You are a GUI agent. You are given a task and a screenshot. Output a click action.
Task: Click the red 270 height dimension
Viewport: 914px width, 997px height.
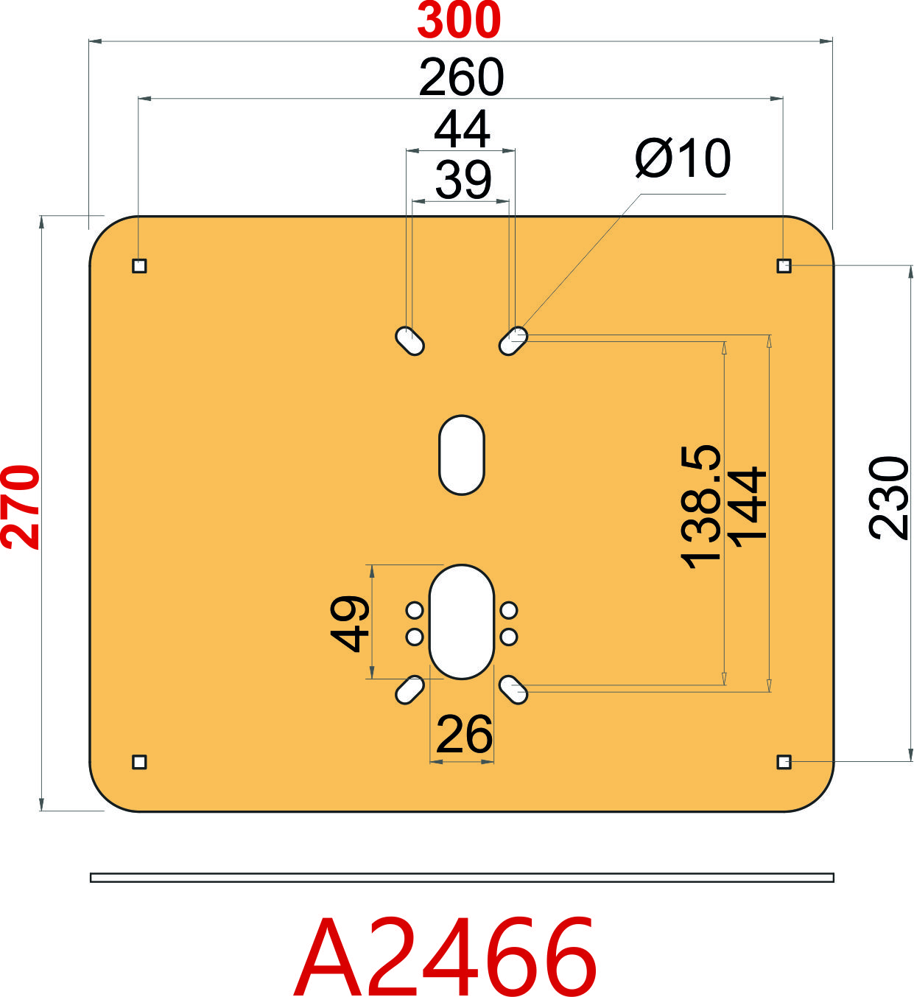coord(21,507)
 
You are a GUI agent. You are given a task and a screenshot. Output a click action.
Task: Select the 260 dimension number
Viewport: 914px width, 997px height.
coord(461,77)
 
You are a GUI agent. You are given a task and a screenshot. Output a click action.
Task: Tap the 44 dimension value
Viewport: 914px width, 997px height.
coord(461,130)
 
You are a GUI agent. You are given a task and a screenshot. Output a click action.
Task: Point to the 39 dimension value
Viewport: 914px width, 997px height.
coord(463,179)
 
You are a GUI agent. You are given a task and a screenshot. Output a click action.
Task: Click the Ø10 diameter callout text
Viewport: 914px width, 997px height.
coord(682,158)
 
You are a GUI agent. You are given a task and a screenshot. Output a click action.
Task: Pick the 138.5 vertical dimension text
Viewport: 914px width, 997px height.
coord(700,507)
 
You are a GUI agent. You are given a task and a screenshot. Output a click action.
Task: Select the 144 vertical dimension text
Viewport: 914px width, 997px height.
coord(748,507)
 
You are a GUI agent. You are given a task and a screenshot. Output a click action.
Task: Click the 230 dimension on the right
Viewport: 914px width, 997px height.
coord(889,498)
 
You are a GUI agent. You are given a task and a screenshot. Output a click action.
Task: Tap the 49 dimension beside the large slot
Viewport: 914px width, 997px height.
coord(350,623)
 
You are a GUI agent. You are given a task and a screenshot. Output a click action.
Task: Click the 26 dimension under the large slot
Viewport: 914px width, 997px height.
coord(463,735)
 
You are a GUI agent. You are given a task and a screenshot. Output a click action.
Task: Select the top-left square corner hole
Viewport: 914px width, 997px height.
coord(139,265)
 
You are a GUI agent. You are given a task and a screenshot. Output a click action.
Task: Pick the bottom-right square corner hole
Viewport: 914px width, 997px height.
coord(784,761)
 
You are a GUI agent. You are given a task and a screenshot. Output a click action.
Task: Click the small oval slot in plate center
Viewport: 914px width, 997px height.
coord(461,455)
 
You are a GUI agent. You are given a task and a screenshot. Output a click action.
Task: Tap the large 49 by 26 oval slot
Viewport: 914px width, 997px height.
coord(461,622)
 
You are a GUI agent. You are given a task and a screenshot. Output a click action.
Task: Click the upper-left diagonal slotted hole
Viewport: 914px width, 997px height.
coord(410,341)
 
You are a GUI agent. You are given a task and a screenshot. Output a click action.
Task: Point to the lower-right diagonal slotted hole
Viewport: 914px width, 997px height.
coord(513,690)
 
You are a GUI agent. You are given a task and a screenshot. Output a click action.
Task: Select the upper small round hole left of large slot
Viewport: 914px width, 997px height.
coord(415,610)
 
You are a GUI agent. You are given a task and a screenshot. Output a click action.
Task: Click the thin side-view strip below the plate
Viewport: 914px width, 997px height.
coord(461,877)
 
